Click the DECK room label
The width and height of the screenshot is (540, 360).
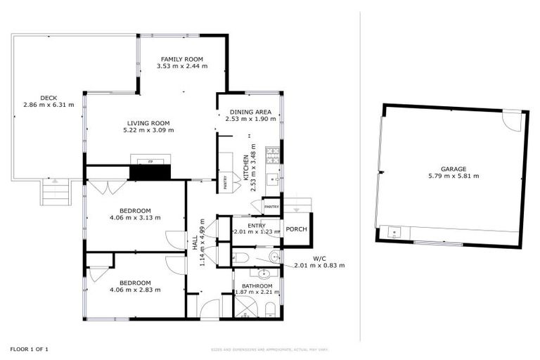(x=49, y=98)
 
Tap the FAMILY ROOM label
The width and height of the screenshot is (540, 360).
(x=181, y=59)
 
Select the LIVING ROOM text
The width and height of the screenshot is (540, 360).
(x=148, y=123)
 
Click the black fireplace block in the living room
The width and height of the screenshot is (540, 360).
(x=150, y=172)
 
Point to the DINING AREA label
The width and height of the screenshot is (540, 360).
(x=248, y=112)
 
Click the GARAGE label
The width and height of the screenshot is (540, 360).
(x=454, y=169)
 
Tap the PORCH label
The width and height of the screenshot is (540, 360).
(x=295, y=229)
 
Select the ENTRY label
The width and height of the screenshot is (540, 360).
(x=257, y=224)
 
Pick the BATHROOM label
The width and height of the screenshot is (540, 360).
(x=257, y=285)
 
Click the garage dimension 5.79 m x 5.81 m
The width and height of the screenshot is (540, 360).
(x=454, y=176)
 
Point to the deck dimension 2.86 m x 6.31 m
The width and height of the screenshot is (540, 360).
(x=49, y=105)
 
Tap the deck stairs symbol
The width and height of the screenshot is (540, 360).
(x=54, y=191)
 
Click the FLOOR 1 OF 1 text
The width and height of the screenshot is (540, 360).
(x=30, y=349)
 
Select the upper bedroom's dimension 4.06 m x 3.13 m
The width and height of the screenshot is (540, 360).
(x=135, y=217)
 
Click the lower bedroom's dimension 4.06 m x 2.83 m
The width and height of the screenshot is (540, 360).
(x=135, y=289)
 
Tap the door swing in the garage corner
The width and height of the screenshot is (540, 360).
(x=513, y=121)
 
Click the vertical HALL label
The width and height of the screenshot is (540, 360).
(x=195, y=240)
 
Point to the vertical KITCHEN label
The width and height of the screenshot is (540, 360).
(x=245, y=169)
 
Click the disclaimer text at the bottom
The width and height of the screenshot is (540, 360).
(x=270, y=349)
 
